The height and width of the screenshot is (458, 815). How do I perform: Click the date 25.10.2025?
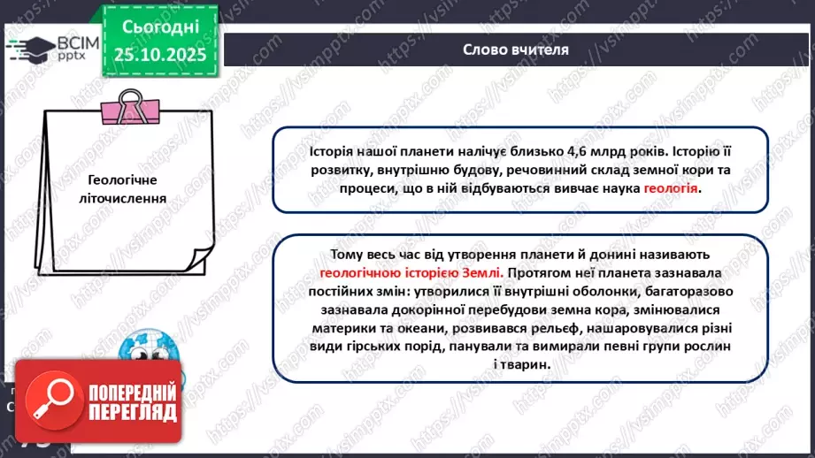point(160,55)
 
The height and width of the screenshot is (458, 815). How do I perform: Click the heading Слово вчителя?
point(515,50)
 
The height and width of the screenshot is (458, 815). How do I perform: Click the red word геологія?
point(671,188)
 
